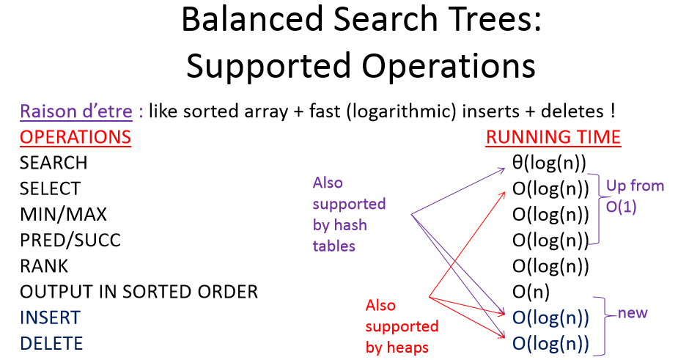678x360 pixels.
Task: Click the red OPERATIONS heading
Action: pos(75,137)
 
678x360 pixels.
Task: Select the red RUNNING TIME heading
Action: pos(553,137)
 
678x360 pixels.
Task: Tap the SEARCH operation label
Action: pos(54,163)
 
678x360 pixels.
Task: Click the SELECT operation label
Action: pos(50,188)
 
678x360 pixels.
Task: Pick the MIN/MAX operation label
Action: pos(63,214)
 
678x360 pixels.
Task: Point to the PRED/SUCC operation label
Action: pos(70,240)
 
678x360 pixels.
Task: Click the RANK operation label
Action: pos(44,265)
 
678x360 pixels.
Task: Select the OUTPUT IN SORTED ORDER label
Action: pos(139,292)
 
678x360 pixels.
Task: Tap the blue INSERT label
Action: pos(50,317)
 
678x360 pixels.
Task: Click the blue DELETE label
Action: pos(51,343)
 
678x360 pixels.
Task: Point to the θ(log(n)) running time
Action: pos(550,163)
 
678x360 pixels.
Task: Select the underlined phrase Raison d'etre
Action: pos(76,112)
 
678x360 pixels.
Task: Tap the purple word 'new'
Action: pos(633,313)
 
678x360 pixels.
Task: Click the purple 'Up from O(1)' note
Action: pos(635,196)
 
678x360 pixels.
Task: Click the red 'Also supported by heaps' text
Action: pos(401,326)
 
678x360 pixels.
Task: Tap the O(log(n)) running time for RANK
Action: pos(550,265)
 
